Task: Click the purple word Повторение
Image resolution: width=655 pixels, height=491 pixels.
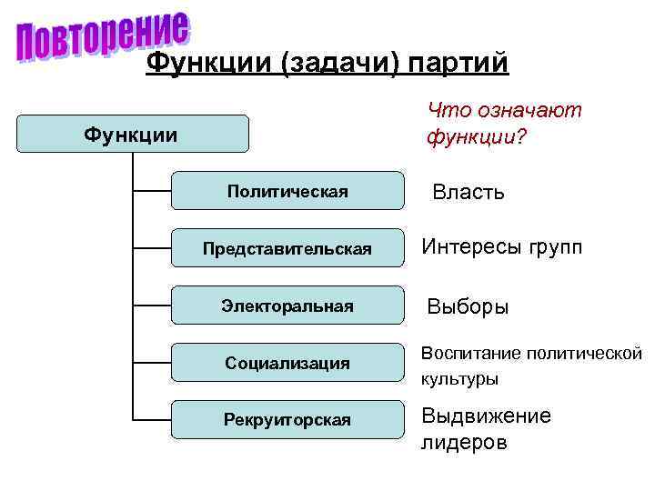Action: click(103, 36)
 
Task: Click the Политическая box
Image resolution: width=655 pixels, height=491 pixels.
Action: click(287, 191)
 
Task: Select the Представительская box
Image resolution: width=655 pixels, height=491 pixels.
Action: click(287, 248)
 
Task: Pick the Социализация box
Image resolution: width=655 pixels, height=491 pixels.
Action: click(287, 363)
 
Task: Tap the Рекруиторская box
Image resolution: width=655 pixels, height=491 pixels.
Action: click(287, 419)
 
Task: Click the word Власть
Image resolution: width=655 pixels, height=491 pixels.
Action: click(469, 192)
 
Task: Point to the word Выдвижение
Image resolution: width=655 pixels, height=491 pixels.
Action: click(485, 416)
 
